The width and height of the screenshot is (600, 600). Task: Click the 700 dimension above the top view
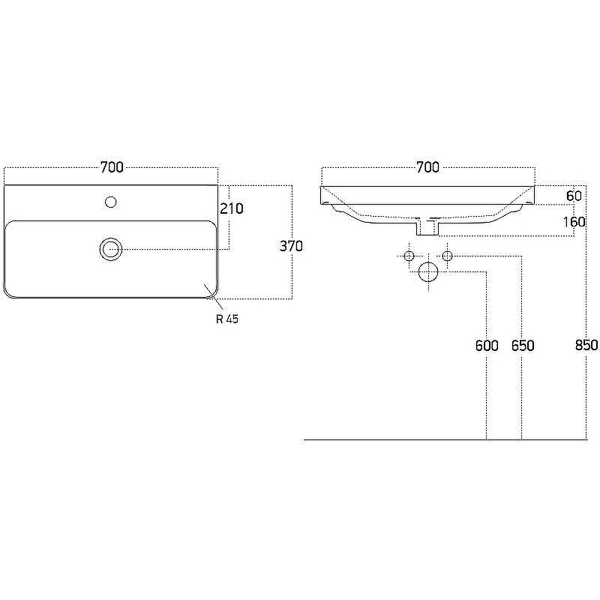point(112,167)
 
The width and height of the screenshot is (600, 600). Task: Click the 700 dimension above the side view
point(427,167)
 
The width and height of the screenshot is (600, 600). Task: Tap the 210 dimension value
point(232,208)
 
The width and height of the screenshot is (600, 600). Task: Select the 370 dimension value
point(291,246)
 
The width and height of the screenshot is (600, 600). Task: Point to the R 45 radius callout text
point(227,319)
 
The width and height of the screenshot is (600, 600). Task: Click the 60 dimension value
point(574,196)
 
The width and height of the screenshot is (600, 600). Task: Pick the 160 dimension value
point(574,221)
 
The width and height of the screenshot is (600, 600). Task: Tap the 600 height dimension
point(487,346)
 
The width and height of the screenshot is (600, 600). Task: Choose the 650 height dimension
point(523,346)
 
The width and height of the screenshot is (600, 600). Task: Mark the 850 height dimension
point(586,345)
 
